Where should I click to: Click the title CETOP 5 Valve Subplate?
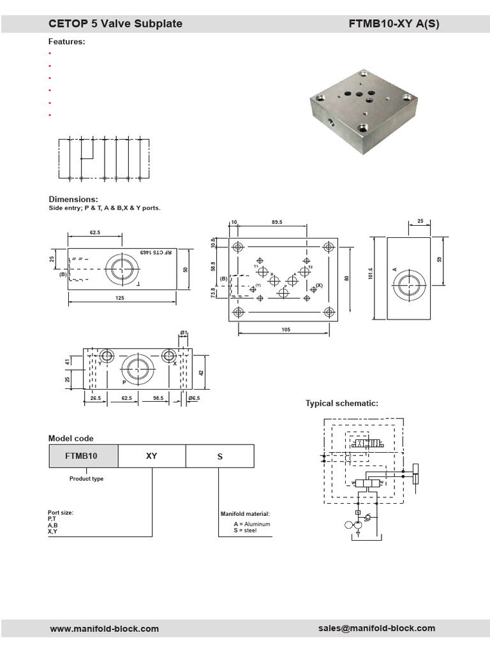pyautogui.click(x=115, y=24)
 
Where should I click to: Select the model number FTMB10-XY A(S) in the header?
pyautogui.click(x=394, y=24)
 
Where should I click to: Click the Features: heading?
pyautogui.click(x=67, y=41)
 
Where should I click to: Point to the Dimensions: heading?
pyautogui.click(x=73, y=199)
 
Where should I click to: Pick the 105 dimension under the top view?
pyautogui.click(x=285, y=329)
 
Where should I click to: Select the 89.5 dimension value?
pyautogui.click(x=276, y=223)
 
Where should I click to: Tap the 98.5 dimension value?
pyautogui.click(x=158, y=398)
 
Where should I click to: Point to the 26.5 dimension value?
pyautogui.click(x=96, y=398)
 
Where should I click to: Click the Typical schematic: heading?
pyautogui.click(x=342, y=403)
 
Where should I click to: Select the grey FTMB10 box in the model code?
pyautogui.click(x=84, y=457)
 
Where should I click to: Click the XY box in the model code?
pyautogui.click(x=151, y=457)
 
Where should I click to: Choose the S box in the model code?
pyautogui.click(x=220, y=457)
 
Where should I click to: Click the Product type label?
pyautogui.click(x=86, y=479)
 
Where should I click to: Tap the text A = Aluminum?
pyautogui.click(x=252, y=524)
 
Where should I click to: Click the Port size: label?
pyautogui.click(x=65, y=512)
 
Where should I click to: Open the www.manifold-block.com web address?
pyautogui.click(x=105, y=629)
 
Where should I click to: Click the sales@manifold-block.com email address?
pyautogui.click(x=376, y=628)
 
